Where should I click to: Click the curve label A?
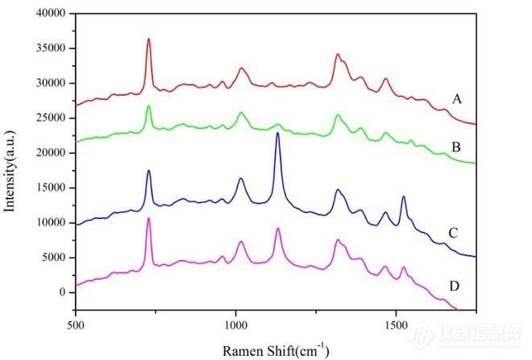tap(457, 100)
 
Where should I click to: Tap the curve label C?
tap(454, 234)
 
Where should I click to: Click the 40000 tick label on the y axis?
tap(48, 14)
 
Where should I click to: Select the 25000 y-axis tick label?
tap(48, 118)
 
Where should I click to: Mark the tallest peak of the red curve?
tap(148, 39)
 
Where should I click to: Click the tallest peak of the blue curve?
tap(277, 133)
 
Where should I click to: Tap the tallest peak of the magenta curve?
tap(148, 218)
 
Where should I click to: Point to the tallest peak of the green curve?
tap(148, 106)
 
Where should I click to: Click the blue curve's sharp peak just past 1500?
tap(403, 197)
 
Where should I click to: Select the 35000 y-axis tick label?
tap(48, 48)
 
